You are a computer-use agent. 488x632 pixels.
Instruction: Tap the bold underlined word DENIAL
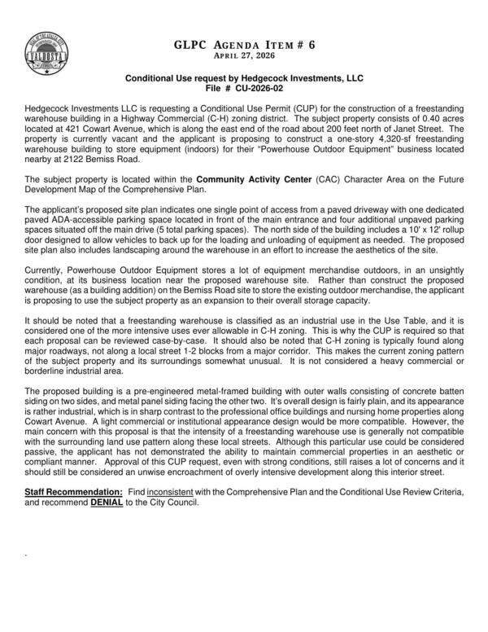point(111,503)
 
